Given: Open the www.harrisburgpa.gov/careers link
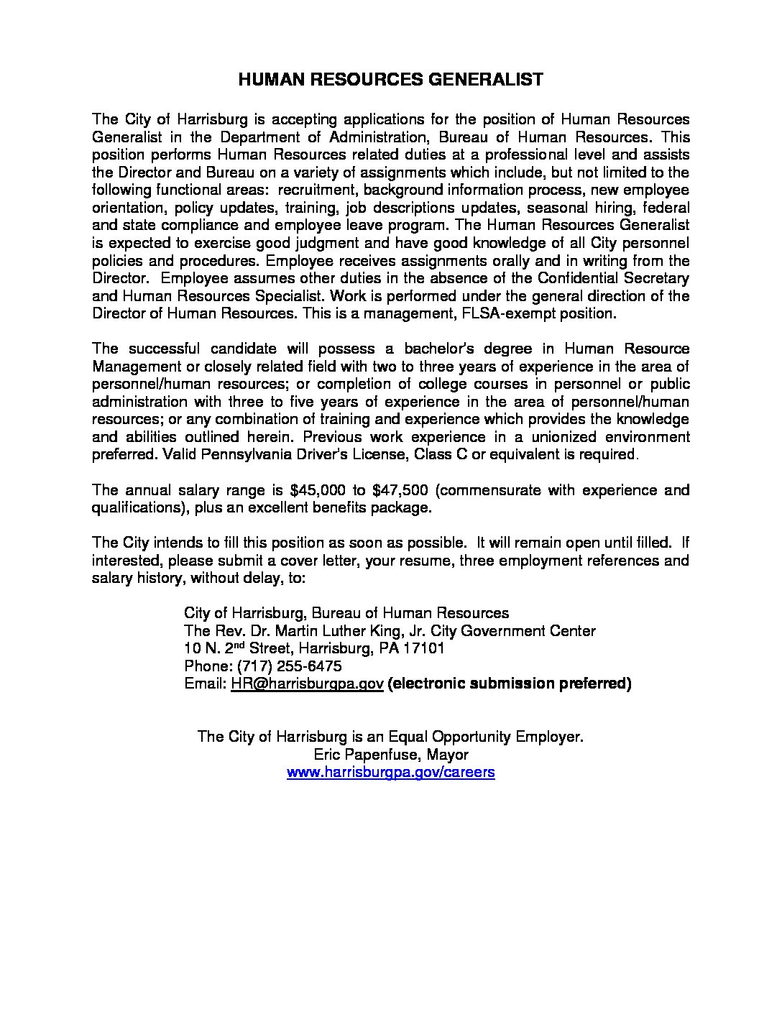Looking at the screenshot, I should click(x=391, y=773).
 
